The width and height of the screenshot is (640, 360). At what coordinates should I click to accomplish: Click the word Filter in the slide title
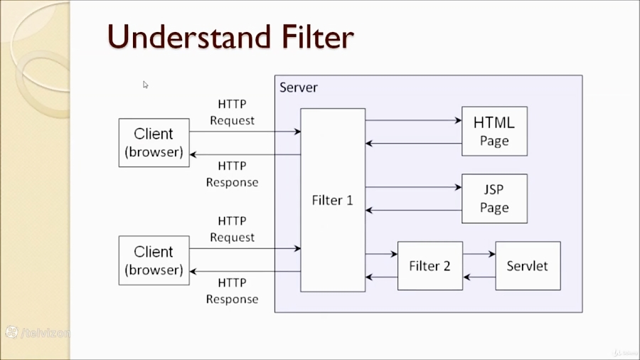[x=311, y=37]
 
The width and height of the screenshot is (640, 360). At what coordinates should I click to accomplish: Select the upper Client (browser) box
[x=154, y=142]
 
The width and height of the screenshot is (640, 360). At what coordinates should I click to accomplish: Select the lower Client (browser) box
[x=154, y=260]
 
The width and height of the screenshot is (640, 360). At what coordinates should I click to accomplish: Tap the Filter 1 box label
[x=332, y=200]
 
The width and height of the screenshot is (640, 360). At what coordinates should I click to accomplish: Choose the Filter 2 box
[x=430, y=266]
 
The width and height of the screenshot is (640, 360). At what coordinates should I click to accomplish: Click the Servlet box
[x=527, y=266]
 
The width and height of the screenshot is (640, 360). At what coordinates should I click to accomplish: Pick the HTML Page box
[x=494, y=131]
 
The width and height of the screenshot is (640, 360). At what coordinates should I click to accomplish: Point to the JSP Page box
[x=494, y=198]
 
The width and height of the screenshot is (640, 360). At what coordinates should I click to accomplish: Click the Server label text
[x=299, y=88]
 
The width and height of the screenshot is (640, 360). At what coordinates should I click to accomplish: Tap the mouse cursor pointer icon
[x=145, y=85]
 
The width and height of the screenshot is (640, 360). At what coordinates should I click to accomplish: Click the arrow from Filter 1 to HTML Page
[x=413, y=120]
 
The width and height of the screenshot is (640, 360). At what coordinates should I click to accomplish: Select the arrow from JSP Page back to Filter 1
[x=413, y=211]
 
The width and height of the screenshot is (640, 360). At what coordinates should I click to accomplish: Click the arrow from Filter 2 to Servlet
[x=479, y=253]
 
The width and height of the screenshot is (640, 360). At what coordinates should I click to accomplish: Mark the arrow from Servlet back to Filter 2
[x=479, y=277]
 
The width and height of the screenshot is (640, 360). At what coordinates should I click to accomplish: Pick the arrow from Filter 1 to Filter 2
[x=381, y=253]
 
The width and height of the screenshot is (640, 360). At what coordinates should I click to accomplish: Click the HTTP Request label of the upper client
[x=232, y=112]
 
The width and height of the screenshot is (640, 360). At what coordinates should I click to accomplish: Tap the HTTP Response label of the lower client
[x=232, y=291]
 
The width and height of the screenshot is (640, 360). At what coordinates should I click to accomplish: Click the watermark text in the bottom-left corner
[x=39, y=332]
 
